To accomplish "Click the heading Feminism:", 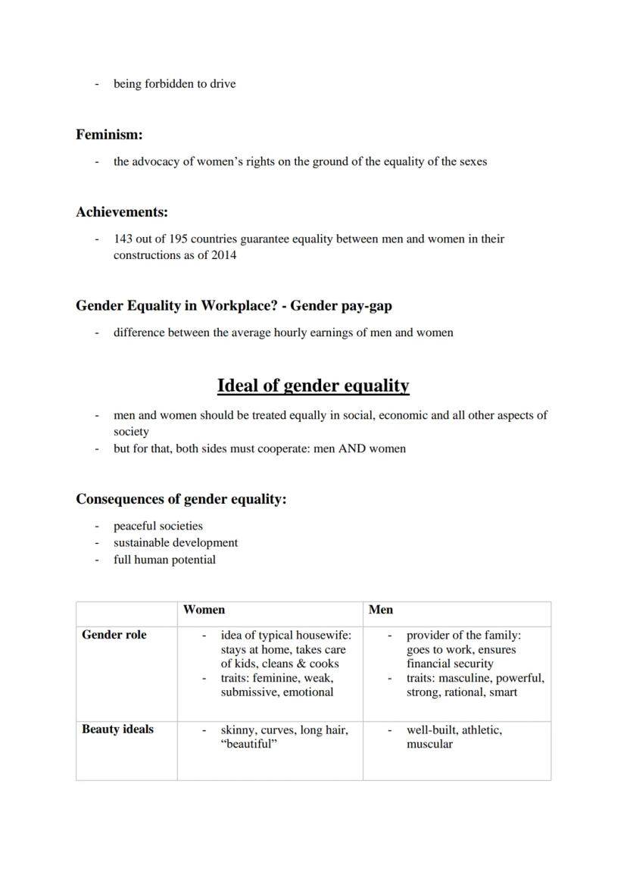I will click(x=109, y=135).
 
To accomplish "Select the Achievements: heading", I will click(x=121, y=212).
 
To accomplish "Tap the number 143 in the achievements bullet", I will click(x=123, y=239).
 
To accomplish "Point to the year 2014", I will click(x=223, y=255).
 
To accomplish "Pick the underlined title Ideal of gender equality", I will click(x=313, y=386).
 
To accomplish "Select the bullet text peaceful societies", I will click(x=158, y=526).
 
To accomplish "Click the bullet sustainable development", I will click(x=176, y=542).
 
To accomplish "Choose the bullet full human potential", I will click(x=164, y=560).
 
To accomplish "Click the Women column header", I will click(x=204, y=609).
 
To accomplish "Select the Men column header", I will click(x=380, y=609).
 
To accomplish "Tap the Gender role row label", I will click(x=114, y=635).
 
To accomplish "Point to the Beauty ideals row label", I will click(x=117, y=729).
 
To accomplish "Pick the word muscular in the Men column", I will click(x=429, y=744).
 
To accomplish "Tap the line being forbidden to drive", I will click(x=174, y=83).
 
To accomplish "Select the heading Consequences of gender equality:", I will click(x=181, y=499).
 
